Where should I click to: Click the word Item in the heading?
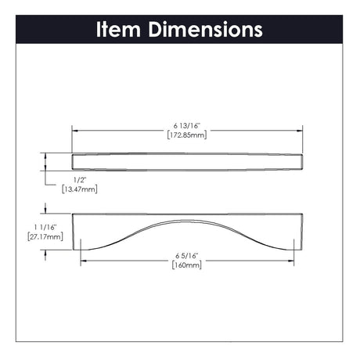point(119,30)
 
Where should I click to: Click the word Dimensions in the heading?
point(206,30)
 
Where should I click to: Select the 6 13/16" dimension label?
point(187,126)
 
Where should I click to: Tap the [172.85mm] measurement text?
point(187,135)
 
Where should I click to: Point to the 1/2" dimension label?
point(80,180)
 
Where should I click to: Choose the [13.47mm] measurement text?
point(80,189)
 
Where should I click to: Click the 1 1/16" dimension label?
point(45,227)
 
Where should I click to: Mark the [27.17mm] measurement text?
point(45,237)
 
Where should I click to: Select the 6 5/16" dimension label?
point(187,256)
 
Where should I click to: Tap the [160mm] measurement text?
point(187,265)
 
